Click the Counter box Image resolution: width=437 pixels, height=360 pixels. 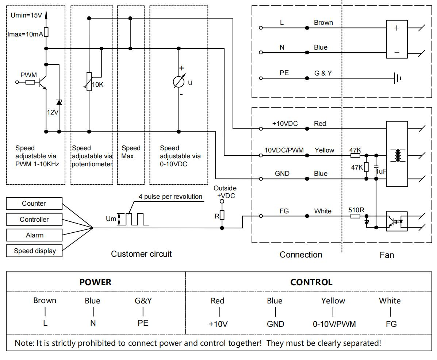pos(34,204)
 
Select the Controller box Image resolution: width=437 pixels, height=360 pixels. pos(34,220)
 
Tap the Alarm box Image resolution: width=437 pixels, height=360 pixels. pos(34,235)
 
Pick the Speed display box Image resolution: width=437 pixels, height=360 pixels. pos(34,251)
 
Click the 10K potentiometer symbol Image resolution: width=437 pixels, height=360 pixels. pos(89,82)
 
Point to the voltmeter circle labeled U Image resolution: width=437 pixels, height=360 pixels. pos(179,82)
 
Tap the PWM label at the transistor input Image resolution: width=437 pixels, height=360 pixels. pos(28,75)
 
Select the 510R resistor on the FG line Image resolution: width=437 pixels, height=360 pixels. pos(356,216)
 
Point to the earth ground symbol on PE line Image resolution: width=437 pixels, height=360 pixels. pos(398,78)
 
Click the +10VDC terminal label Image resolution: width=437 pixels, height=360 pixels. pos(285,124)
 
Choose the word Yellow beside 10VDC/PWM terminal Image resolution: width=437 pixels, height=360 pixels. pos(324,150)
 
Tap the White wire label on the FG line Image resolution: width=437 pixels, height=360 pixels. pos(323,211)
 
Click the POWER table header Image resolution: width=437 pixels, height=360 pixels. pos(95,282)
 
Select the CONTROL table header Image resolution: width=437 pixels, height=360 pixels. pos(311,282)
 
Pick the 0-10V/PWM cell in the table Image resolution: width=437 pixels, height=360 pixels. pos(334,324)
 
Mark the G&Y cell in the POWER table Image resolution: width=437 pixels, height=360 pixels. pos(143,301)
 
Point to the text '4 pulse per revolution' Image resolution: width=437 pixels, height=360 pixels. pos(170,197)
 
